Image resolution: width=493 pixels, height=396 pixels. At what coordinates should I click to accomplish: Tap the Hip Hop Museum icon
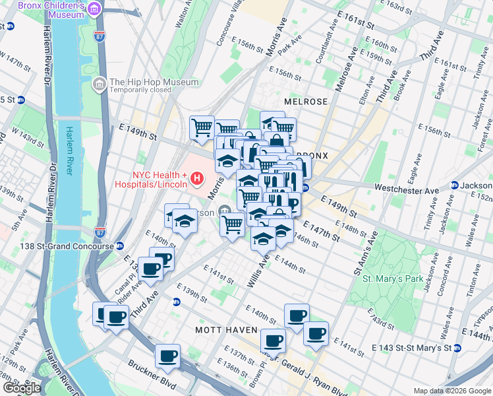[x=100, y=84]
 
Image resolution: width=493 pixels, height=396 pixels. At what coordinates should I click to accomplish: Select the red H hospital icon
[x=195, y=178]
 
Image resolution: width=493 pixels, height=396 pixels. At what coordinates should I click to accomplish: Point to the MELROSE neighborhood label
[x=306, y=102]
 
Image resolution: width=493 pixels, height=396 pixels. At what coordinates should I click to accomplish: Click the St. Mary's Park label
[x=393, y=279]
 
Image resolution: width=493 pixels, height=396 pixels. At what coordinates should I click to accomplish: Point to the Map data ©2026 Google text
[x=451, y=391]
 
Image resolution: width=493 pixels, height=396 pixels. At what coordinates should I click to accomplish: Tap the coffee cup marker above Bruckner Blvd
[x=167, y=356]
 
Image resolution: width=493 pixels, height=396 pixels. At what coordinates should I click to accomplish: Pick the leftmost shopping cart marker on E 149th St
[x=202, y=127]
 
